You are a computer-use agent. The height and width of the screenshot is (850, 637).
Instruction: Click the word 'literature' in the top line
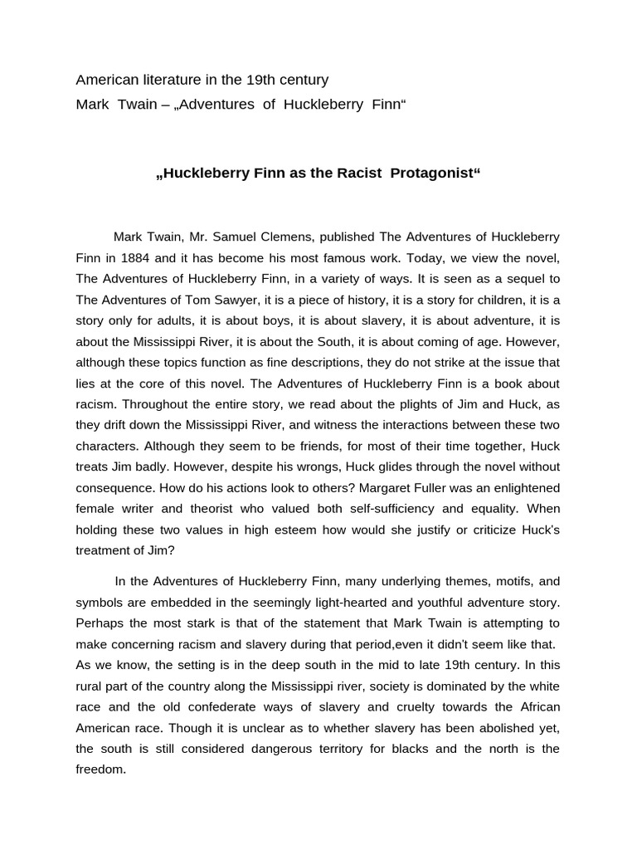click(163, 81)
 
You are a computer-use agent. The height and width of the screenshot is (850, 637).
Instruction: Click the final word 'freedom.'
click(100, 769)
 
